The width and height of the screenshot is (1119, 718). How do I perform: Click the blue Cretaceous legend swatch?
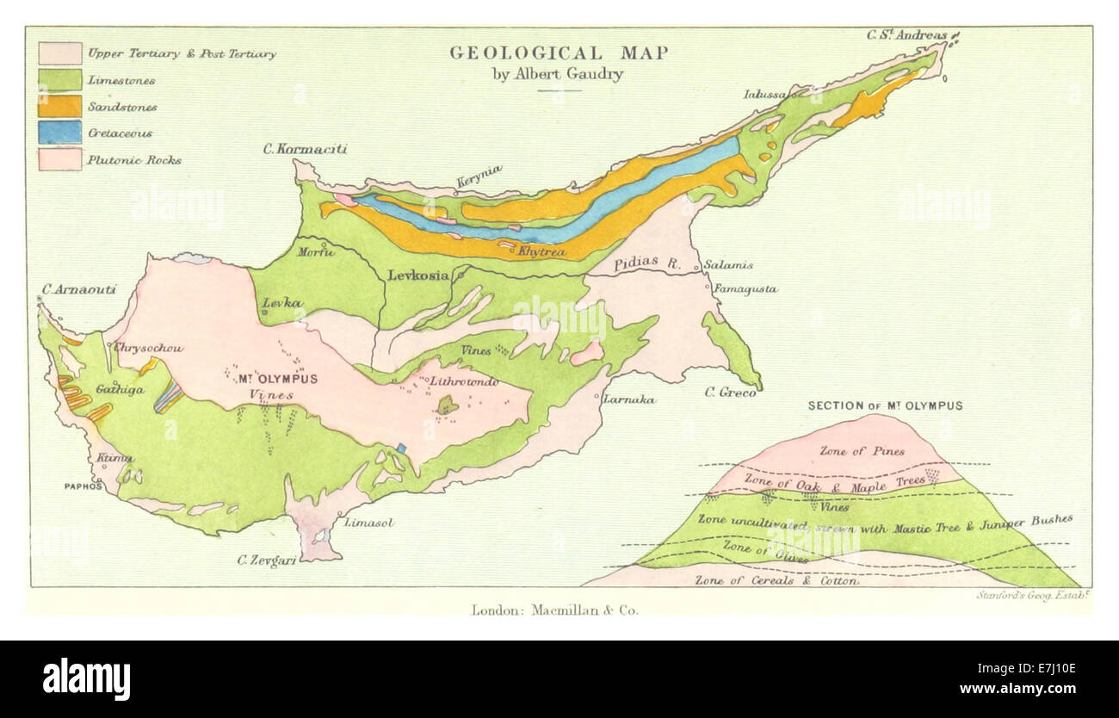[60, 133]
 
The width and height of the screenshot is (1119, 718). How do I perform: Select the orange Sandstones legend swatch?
[60, 106]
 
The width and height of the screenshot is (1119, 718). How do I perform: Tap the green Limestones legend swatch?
[60, 79]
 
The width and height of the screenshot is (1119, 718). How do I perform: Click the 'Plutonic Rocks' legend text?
[133, 160]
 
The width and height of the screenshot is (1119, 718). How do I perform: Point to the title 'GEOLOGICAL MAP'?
[559, 53]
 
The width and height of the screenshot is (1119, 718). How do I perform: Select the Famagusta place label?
[745, 290]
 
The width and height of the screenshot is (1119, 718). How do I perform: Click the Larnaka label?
[628, 399]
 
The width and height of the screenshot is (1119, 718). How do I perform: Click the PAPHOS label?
[83, 486]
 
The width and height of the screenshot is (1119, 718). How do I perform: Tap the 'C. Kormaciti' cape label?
[306, 149]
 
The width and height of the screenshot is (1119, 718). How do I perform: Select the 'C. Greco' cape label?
[730, 393]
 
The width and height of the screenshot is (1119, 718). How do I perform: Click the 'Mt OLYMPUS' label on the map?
[277, 379]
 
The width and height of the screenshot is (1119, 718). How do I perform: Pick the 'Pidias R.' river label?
[646, 265]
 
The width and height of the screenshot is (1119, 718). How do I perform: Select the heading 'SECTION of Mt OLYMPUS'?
[885, 405]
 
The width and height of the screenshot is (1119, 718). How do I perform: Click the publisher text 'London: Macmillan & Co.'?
[555, 610]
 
